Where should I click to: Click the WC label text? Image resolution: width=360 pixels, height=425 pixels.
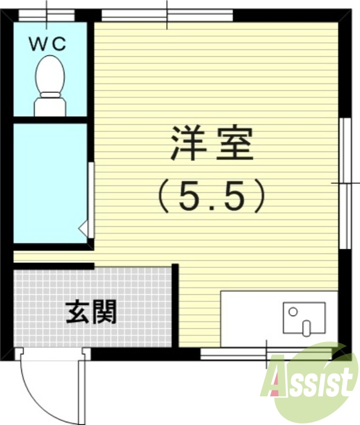[x=47, y=44]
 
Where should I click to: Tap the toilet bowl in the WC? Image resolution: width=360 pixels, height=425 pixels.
[x=50, y=74]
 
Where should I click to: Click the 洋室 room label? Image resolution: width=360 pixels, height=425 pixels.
[x=210, y=144]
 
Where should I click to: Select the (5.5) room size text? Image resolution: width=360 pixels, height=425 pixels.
[x=210, y=195]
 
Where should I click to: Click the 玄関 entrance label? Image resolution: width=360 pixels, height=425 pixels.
[x=91, y=312]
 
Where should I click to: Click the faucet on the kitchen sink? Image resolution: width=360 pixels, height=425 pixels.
[x=306, y=327]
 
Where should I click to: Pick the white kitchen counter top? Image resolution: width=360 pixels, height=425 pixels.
[x=250, y=316]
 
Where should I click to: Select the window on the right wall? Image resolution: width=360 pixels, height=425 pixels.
[x=346, y=183]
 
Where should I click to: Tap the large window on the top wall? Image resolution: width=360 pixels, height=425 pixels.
[x=167, y=15]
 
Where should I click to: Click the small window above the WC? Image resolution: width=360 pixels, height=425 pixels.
[x=46, y=15]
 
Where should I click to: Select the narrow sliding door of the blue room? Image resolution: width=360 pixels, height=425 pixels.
[x=91, y=199]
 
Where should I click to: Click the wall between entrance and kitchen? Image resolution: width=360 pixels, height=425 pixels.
[x=175, y=305]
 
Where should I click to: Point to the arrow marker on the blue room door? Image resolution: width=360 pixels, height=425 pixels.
[x=83, y=228]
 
